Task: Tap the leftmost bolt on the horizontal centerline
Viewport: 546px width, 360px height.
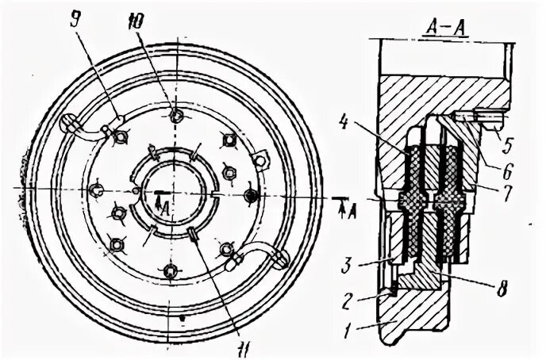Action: (95, 190)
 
